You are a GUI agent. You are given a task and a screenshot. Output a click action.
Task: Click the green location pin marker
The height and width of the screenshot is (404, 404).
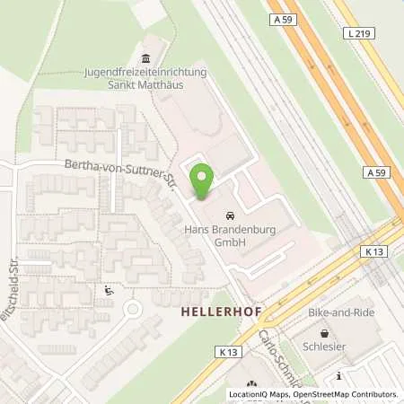click(202, 182)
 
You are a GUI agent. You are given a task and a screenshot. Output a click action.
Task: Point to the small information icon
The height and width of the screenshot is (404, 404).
click(338, 375)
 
